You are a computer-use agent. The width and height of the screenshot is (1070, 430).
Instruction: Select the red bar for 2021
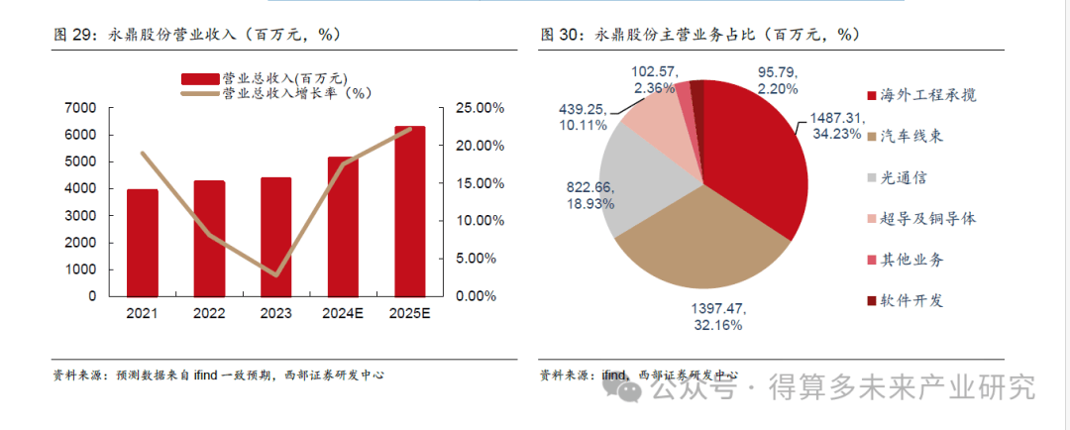click(142, 242)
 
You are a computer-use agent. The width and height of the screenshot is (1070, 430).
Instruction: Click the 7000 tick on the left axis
click(81, 107)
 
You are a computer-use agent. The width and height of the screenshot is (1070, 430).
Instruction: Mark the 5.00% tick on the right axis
click(481, 258)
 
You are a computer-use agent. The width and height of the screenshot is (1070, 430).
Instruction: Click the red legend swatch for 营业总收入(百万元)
click(199, 77)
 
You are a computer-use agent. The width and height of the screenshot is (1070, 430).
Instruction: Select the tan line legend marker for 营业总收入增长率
click(199, 94)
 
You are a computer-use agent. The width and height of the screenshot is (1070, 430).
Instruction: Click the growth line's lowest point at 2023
click(276, 274)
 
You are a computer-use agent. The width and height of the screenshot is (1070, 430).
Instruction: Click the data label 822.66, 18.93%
click(587, 193)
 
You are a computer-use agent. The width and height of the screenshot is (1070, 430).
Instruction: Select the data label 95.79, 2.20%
click(778, 80)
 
